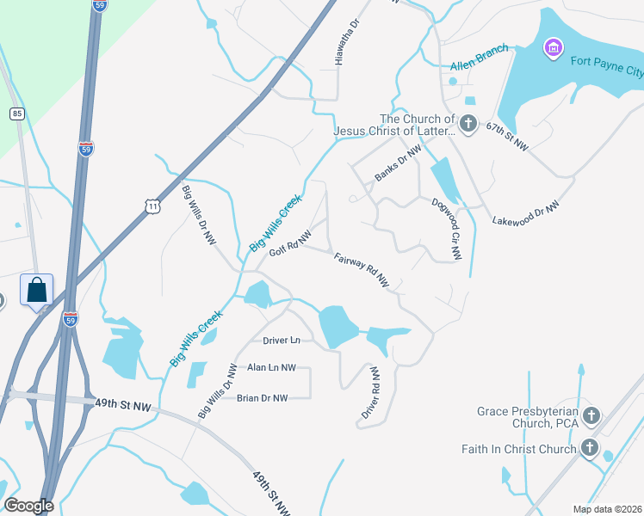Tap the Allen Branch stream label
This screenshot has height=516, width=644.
tap(480, 58)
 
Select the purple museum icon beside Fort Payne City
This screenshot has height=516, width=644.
tap(553, 47)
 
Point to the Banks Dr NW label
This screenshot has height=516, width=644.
tap(398, 163)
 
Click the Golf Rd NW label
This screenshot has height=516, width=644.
tap(290, 243)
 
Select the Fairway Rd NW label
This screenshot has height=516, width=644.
tap(362, 270)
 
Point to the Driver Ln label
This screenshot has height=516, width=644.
tap(282, 341)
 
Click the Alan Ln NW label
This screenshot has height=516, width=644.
tap(271, 368)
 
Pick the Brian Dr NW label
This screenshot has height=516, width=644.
tap(262, 397)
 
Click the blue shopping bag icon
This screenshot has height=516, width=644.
tap(37, 290)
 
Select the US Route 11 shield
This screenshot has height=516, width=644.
tap(152, 206)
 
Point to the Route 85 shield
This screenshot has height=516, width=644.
tap(16, 114)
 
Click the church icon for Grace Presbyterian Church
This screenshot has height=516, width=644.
tap(591, 417)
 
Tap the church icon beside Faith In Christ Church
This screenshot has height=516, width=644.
tap(590, 448)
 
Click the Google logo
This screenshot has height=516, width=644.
tap(28, 506)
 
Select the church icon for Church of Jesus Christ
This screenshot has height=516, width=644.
tap(468, 125)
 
